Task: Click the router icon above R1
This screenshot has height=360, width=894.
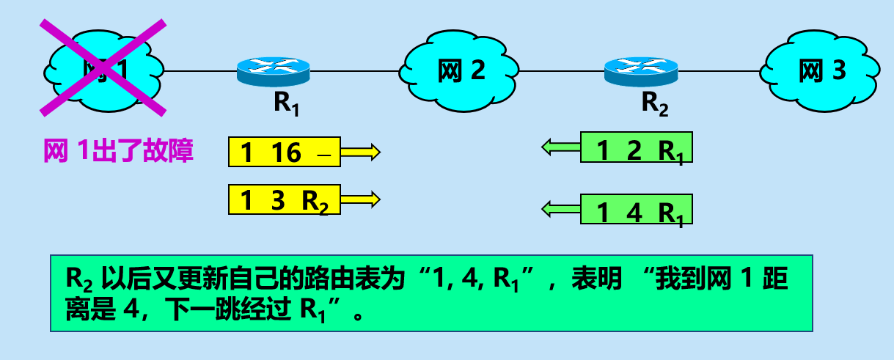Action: [274, 70]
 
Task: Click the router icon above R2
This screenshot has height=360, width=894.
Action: [641, 70]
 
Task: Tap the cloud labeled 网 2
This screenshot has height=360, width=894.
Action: [460, 70]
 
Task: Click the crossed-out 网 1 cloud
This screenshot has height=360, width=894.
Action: [103, 70]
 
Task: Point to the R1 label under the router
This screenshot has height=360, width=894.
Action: [287, 103]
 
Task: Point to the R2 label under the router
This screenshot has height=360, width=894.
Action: [655, 103]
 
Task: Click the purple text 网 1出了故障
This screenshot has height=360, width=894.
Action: [119, 152]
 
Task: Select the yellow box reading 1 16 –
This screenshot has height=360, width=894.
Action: [285, 153]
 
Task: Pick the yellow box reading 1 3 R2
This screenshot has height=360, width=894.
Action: [285, 200]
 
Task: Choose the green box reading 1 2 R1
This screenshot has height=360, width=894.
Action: [637, 148]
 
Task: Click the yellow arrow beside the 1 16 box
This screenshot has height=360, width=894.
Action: [360, 153]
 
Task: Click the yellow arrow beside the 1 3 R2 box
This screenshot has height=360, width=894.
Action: [360, 199]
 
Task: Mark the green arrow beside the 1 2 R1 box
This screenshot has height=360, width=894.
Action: [561, 148]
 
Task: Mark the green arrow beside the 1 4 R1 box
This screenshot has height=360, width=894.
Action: [561, 210]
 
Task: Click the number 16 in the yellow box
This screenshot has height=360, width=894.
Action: [286, 153]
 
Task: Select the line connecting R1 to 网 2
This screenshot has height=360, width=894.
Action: [356, 71]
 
